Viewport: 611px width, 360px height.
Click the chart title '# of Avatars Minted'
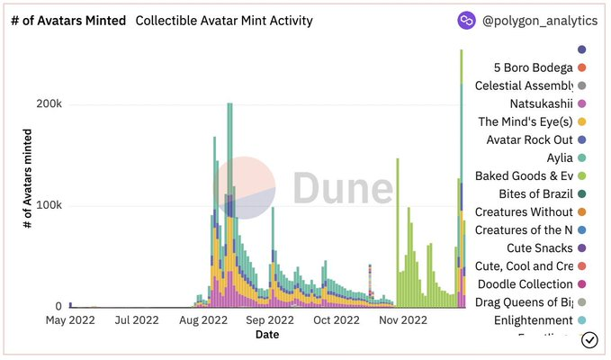point(68,20)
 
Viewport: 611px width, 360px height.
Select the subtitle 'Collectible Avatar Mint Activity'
point(223,20)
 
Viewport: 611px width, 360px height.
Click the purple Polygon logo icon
point(467,20)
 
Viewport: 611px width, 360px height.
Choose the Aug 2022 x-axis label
point(202,319)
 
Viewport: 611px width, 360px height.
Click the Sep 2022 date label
point(270,319)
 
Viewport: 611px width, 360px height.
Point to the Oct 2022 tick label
point(334,319)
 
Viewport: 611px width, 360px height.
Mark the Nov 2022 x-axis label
point(402,319)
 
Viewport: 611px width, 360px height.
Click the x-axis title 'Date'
point(266,334)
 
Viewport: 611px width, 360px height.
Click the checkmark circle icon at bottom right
point(590,339)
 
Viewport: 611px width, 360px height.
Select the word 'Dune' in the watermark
point(342,190)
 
